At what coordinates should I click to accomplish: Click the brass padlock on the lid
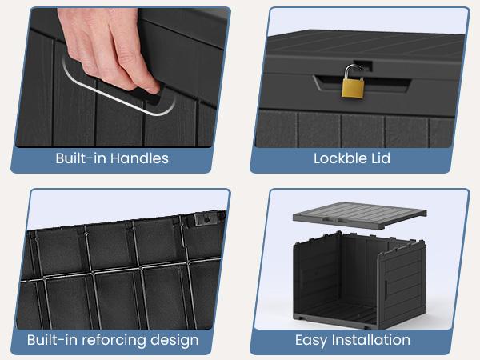[351, 87]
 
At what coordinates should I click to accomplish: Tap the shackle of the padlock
[351, 72]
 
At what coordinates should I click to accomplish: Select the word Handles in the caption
[141, 158]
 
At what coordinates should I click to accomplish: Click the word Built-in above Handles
[82, 158]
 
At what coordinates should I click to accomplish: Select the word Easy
[312, 340]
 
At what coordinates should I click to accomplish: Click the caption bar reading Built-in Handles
[112, 158]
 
